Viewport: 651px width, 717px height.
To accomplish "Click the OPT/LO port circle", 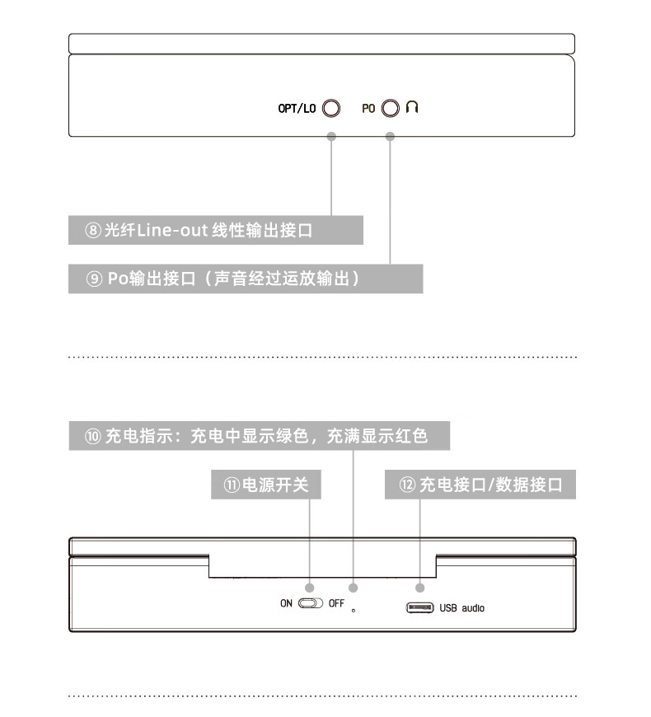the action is (331, 108).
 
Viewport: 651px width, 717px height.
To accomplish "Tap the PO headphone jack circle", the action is (391, 108).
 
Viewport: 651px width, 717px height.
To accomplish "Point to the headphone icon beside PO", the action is (412, 107).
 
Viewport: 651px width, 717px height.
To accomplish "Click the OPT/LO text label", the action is (297, 108).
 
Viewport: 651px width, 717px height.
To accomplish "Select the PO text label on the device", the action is (368, 108).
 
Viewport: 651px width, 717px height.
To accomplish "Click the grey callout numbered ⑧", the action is (215, 230).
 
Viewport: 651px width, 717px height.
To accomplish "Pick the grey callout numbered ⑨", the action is (245, 279).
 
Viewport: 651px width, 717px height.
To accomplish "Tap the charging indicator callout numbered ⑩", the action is (260, 436).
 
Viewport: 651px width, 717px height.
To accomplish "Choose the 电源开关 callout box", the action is (265, 485).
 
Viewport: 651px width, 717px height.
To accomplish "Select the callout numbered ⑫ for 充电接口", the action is (480, 485).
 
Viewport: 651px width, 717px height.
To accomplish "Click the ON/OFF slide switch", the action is (311, 603).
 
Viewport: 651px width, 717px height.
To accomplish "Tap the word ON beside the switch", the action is (286, 603).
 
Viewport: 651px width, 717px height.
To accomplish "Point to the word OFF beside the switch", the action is (336, 603).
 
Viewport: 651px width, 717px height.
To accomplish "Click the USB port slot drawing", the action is (419, 608).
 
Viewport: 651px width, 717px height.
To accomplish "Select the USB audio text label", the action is (461, 608).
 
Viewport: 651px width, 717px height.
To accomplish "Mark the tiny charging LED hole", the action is (354, 611).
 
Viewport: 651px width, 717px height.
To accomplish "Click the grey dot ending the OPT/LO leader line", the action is (331, 137).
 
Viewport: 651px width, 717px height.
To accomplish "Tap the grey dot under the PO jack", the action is (391, 137).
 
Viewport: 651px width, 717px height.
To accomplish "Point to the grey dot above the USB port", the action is (419, 588).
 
